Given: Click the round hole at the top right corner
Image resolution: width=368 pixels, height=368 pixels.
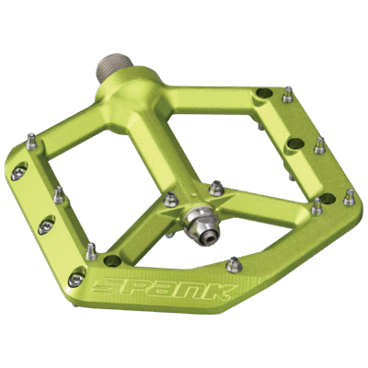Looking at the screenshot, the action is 264,92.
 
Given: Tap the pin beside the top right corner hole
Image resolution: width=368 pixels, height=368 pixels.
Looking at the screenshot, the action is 288,95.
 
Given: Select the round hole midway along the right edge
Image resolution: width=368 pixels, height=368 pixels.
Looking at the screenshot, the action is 296,144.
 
